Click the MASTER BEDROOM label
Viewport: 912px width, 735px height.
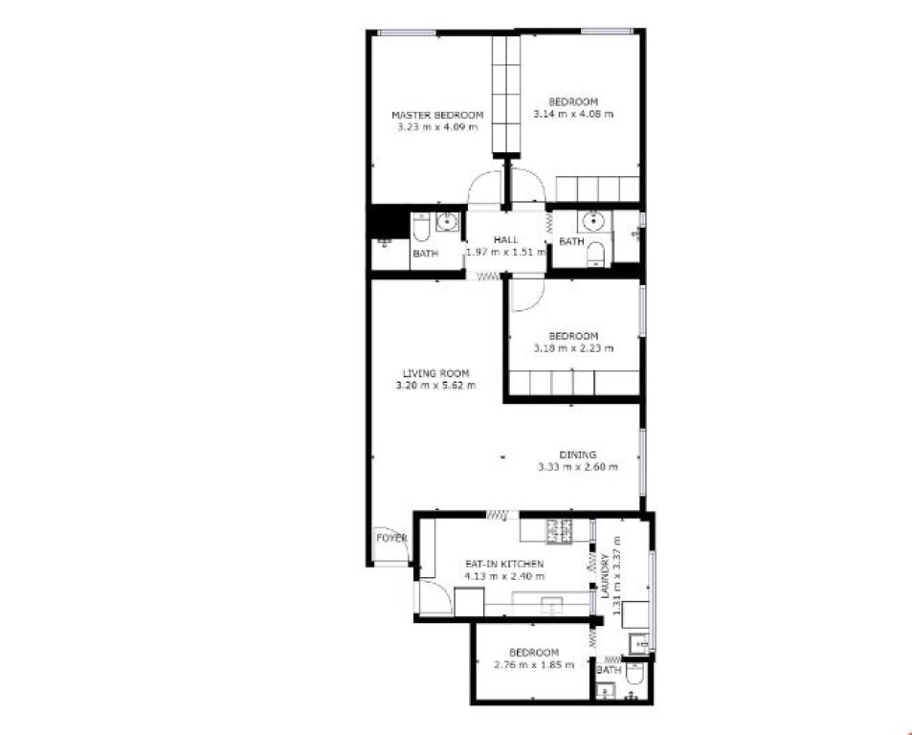coord(437,115)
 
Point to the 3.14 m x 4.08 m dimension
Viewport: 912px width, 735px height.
coord(573,114)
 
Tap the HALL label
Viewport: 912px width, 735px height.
coord(506,239)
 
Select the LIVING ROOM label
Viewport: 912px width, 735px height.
coord(435,373)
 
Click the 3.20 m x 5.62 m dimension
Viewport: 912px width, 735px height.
coord(435,385)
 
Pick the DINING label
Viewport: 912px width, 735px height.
coord(578,455)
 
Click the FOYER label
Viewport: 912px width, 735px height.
coord(391,538)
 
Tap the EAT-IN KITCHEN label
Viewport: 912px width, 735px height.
coord(504,564)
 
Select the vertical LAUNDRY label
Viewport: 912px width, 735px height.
coord(605,576)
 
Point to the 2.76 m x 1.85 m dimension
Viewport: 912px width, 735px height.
coord(533,664)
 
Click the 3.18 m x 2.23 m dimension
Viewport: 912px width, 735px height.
coord(573,348)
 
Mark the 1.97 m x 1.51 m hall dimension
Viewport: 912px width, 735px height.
coord(506,253)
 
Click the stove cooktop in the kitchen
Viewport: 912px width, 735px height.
coord(560,531)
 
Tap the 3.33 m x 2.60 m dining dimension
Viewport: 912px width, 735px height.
coord(578,466)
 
